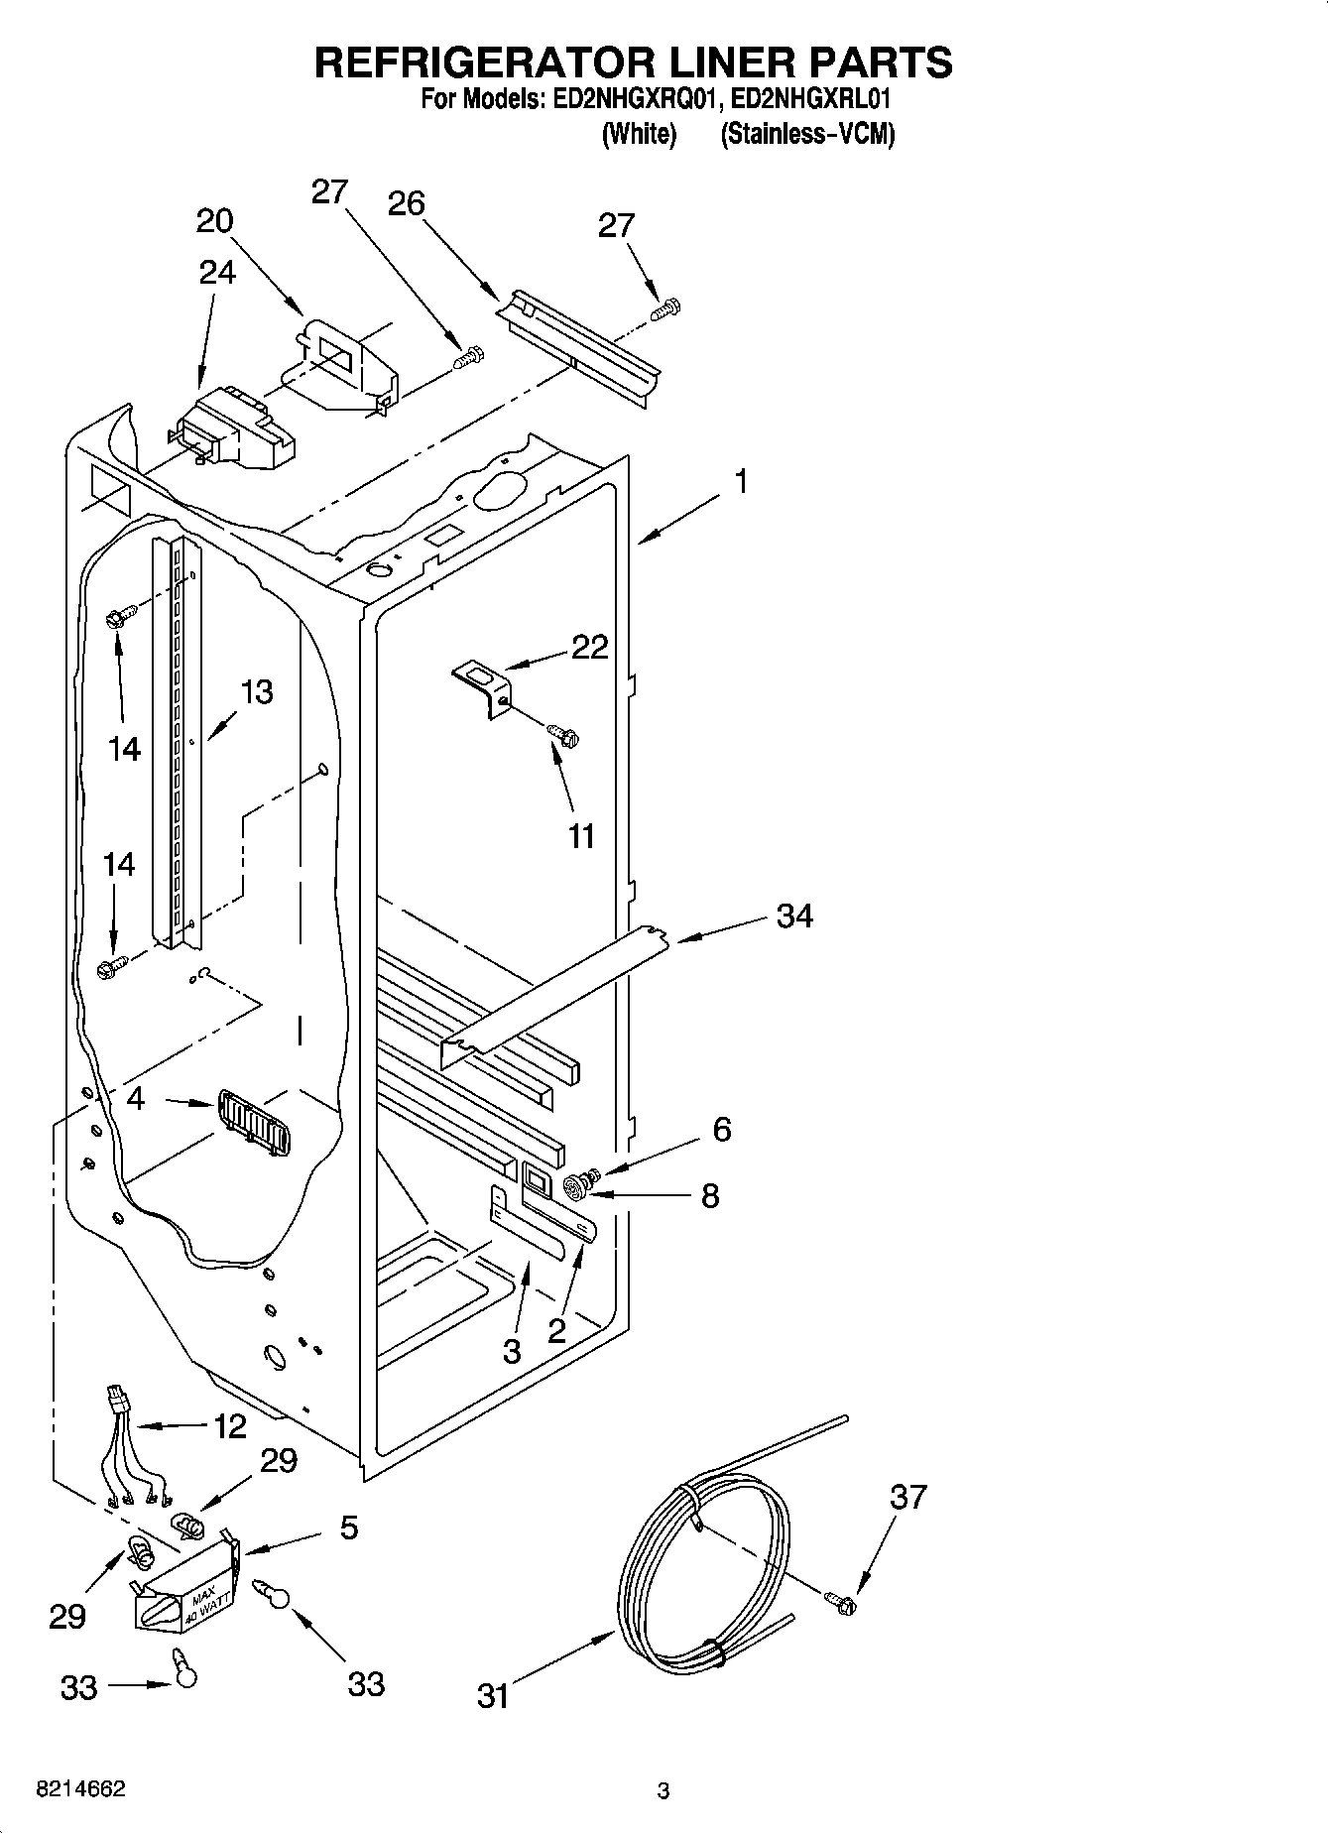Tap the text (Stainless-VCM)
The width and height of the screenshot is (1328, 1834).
(x=807, y=134)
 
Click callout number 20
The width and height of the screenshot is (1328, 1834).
(x=214, y=221)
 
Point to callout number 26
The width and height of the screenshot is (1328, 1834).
(x=406, y=204)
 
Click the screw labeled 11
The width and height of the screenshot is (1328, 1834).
(x=565, y=735)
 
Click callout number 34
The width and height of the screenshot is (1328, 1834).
(x=794, y=916)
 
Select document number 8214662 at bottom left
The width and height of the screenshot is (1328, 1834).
(x=80, y=1790)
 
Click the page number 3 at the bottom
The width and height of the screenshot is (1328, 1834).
(x=664, y=1791)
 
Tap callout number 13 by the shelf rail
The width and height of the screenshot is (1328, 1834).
(x=256, y=691)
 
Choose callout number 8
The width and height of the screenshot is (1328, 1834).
(x=710, y=1195)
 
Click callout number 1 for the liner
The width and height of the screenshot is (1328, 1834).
(x=740, y=482)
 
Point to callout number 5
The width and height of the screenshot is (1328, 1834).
(x=348, y=1528)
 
